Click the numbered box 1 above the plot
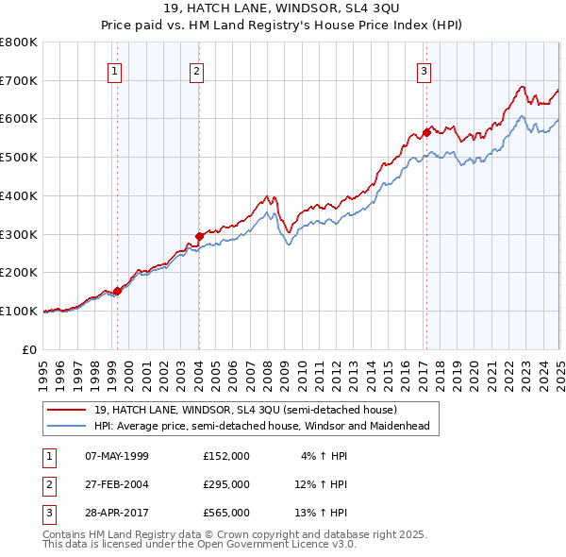(114, 70)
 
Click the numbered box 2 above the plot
(196, 70)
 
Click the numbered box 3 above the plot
(424, 70)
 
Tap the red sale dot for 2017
(426, 132)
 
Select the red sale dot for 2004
(199, 236)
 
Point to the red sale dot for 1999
(117, 291)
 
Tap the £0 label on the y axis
(29, 349)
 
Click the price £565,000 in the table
(226, 513)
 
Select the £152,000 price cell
(226, 456)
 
